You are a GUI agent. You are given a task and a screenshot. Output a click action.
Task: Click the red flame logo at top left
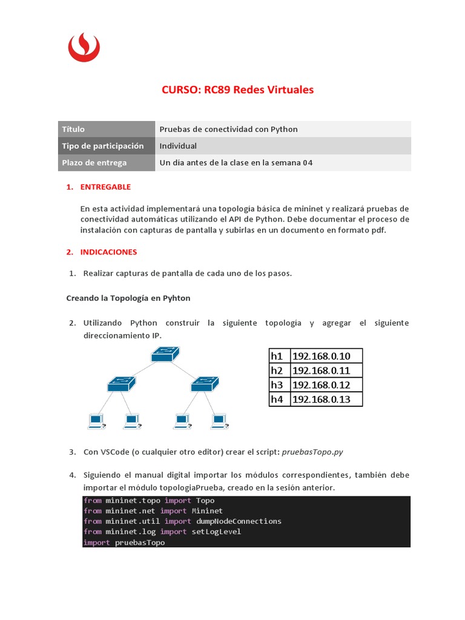(84, 47)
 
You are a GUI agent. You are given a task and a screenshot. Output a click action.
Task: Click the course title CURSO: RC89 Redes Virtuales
(237, 90)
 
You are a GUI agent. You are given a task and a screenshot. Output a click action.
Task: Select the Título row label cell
(107, 129)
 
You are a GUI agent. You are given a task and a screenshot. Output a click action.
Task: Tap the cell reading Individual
(178, 146)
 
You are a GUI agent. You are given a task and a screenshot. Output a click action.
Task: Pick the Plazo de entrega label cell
(107, 163)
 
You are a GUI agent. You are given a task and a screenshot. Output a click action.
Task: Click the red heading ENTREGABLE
(105, 187)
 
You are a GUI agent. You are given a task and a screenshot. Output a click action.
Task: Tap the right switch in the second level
(204, 383)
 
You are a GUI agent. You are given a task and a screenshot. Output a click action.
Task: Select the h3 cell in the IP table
(277, 384)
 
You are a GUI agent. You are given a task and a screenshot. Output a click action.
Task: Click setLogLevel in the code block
(216, 532)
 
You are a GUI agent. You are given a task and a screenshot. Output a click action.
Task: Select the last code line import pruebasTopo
(124, 542)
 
